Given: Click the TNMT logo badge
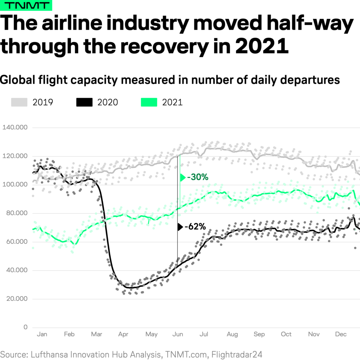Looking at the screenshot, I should click(x=26, y=6).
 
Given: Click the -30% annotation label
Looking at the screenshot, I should click(x=198, y=178).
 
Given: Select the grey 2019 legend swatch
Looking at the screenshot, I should click(x=19, y=102).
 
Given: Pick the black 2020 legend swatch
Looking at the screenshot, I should click(x=84, y=102).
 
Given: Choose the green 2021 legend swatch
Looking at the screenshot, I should click(x=149, y=102).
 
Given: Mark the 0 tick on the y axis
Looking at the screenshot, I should click(x=25, y=327).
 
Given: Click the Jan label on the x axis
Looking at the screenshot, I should click(x=42, y=334).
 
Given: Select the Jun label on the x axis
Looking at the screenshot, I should click(x=178, y=334).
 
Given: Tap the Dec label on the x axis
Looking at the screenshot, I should click(x=341, y=334).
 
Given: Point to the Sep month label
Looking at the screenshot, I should click(x=259, y=334).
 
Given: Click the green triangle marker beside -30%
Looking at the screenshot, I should click(x=182, y=178).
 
